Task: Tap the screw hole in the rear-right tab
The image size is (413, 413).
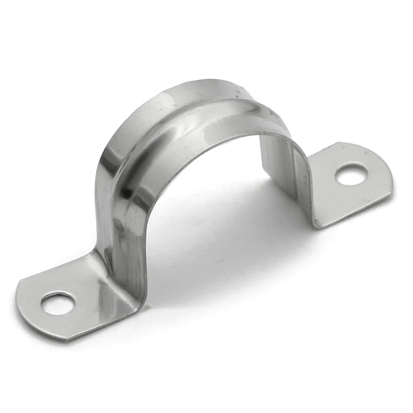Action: pos(351,174)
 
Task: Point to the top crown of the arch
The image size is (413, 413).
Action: pos(206,89)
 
